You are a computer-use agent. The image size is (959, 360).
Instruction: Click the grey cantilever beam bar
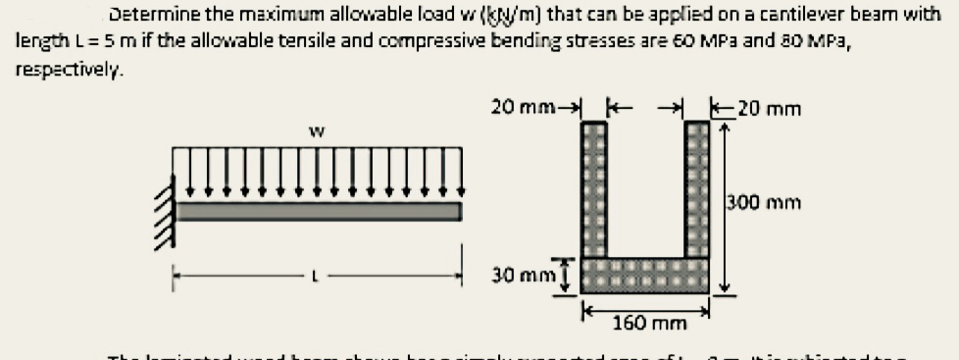(319, 212)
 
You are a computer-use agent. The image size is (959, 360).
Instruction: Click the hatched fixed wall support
(165, 206)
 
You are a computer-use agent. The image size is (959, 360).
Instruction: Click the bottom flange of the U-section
(645, 274)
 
